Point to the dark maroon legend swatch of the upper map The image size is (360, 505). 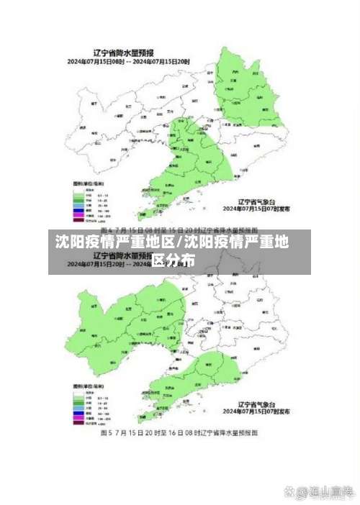78,221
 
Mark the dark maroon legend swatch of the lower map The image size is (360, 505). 78,422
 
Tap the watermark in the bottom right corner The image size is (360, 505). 318,491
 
